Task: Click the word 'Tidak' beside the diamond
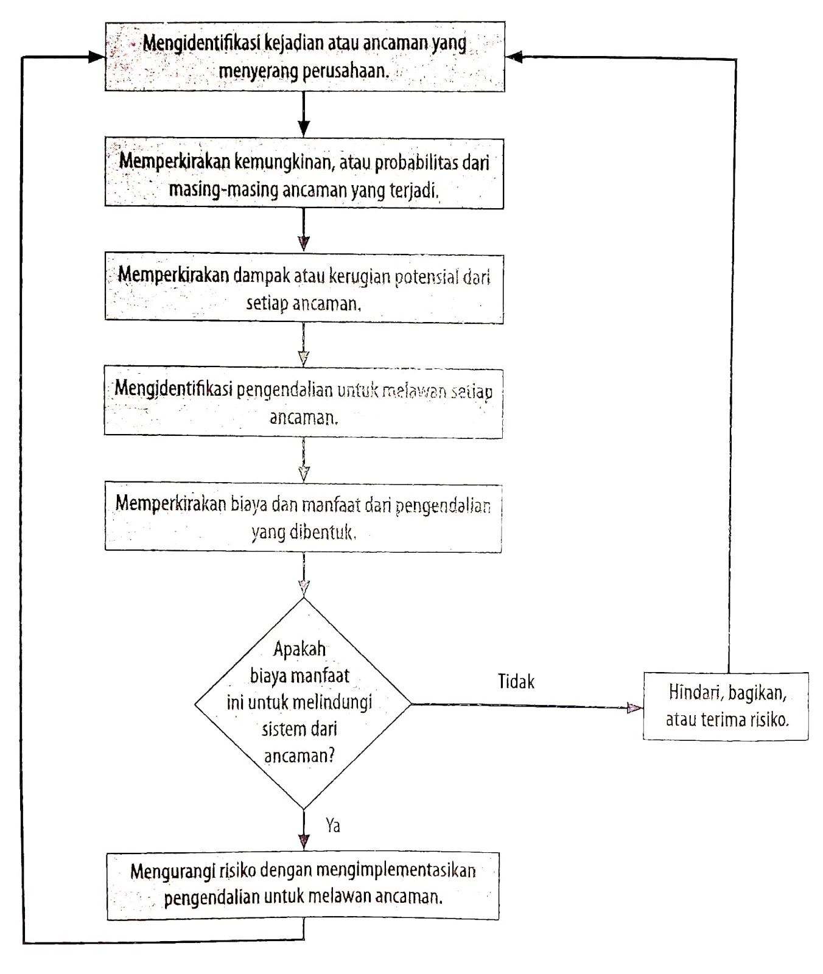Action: tap(516, 681)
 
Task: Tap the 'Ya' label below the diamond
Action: tap(333, 825)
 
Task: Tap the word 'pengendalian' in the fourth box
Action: tap(284, 390)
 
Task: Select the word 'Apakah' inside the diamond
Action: tap(299, 649)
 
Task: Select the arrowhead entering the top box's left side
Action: tap(97, 57)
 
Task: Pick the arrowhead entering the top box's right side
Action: tap(514, 57)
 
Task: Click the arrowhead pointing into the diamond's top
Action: tap(304, 588)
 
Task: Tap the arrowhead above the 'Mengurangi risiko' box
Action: tap(304, 842)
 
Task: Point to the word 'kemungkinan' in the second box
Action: tap(284, 163)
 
